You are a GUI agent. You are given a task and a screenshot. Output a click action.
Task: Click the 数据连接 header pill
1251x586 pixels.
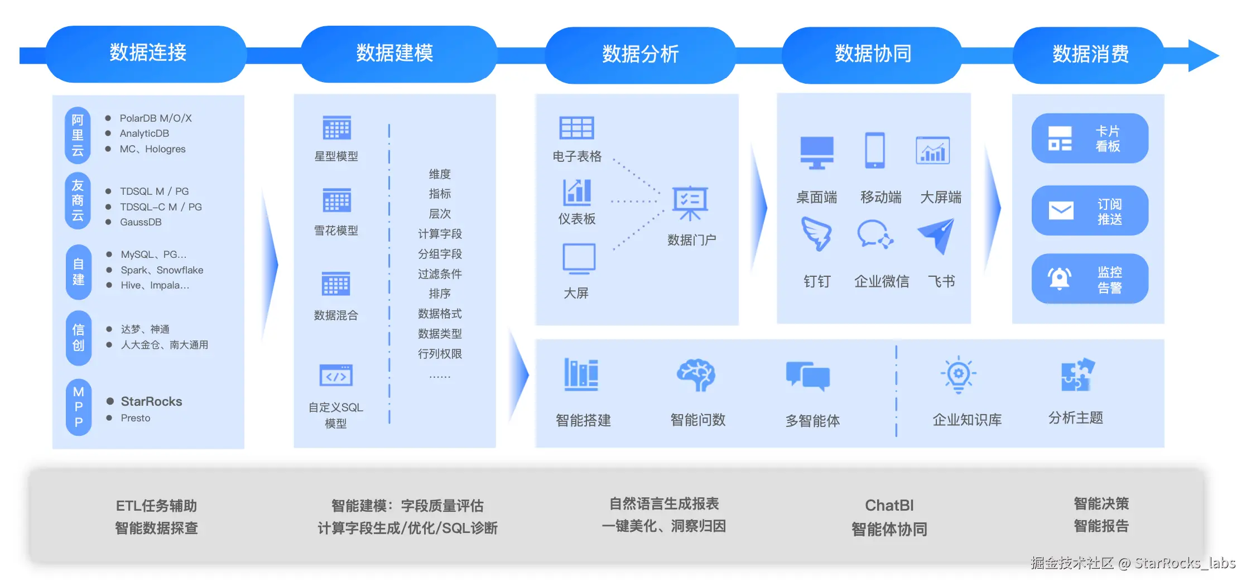[147, 54]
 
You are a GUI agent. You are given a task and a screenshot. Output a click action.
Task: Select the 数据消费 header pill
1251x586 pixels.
[1090, 55]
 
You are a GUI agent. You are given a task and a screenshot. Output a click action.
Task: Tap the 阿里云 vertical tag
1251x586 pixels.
[78, 135]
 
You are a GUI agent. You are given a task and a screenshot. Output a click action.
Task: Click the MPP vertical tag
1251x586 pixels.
[79, 407]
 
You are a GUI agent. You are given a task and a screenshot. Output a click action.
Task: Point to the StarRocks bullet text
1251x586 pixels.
[151, 401]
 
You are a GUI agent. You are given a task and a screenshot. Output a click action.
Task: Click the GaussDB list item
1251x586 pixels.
[141, 222]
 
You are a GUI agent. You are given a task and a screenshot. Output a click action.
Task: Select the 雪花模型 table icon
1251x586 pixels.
[336, 200]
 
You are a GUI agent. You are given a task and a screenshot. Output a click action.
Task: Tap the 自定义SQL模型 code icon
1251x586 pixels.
[336, 376]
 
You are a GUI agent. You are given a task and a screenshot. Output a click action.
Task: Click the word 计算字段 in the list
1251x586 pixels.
[440, 234]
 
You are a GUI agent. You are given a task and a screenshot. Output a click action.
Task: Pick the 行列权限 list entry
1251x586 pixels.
[440, 354]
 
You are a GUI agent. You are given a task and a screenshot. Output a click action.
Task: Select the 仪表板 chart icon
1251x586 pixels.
[577, 192]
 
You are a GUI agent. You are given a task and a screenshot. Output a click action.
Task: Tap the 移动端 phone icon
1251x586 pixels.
[874, 150]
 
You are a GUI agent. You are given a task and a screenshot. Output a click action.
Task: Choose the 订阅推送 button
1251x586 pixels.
[1090, 211]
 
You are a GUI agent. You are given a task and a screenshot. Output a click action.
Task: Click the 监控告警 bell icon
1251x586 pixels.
[1059, 278]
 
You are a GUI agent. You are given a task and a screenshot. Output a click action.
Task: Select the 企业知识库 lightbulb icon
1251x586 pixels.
[959, 374]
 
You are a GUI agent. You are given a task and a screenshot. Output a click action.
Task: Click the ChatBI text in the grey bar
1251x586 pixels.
[889, 506]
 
